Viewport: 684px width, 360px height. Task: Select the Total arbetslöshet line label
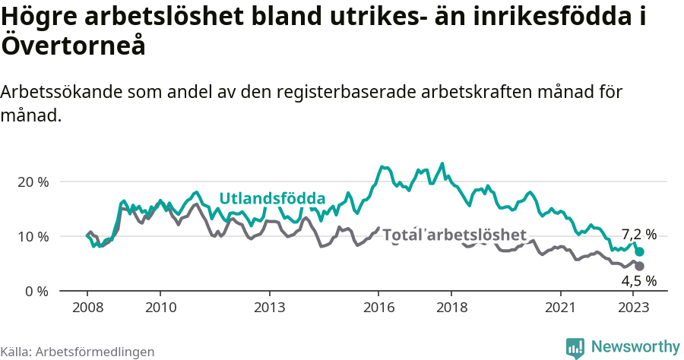tap(454, 235)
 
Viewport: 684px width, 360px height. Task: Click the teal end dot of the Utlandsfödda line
tap(640, 251)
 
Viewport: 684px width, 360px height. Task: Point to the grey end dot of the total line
tap(640, 266)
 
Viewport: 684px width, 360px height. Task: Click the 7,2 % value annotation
tap(638, 235)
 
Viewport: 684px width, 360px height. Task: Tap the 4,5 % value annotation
tap(638, 282)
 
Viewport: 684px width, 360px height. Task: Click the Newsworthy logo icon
tap(575, 347)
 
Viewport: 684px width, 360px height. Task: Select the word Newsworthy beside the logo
tap(635, 347)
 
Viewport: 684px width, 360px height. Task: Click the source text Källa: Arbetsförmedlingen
tap(78, 352)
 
